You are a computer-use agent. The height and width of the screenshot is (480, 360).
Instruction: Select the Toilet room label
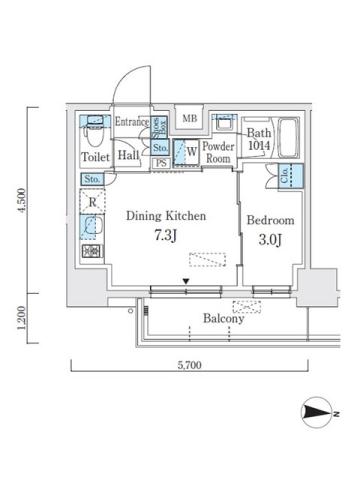94,157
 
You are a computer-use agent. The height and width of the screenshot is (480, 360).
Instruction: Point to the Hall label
127,156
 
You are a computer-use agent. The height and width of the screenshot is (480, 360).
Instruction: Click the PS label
161,163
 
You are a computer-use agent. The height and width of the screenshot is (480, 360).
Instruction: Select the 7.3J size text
165,235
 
